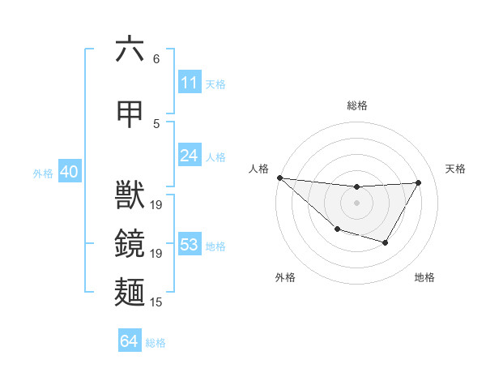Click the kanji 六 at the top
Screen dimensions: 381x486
click(130, 49)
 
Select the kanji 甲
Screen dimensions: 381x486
click(130, 114)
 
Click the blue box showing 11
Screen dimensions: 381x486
click(190, 83)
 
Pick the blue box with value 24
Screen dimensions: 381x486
click(190, 155)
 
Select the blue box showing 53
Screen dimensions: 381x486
click(190, 245)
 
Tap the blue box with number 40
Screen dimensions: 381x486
click(69, 172)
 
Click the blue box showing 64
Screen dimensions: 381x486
click(130, 341)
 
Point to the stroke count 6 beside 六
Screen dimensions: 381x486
click(156, 59)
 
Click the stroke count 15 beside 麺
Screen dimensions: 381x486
click(156, 302)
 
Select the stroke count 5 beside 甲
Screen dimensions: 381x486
click(156, 124)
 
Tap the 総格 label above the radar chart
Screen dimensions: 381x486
click(357, 105)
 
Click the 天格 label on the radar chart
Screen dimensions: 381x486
click(455, 169)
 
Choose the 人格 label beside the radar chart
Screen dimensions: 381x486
click(258, 169)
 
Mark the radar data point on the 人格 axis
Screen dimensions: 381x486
click(279, 178)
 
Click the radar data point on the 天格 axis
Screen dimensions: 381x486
click(418, 182)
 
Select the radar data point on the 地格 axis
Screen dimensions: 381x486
click(386, 242)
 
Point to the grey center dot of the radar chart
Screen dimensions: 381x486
click(356, 203)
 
